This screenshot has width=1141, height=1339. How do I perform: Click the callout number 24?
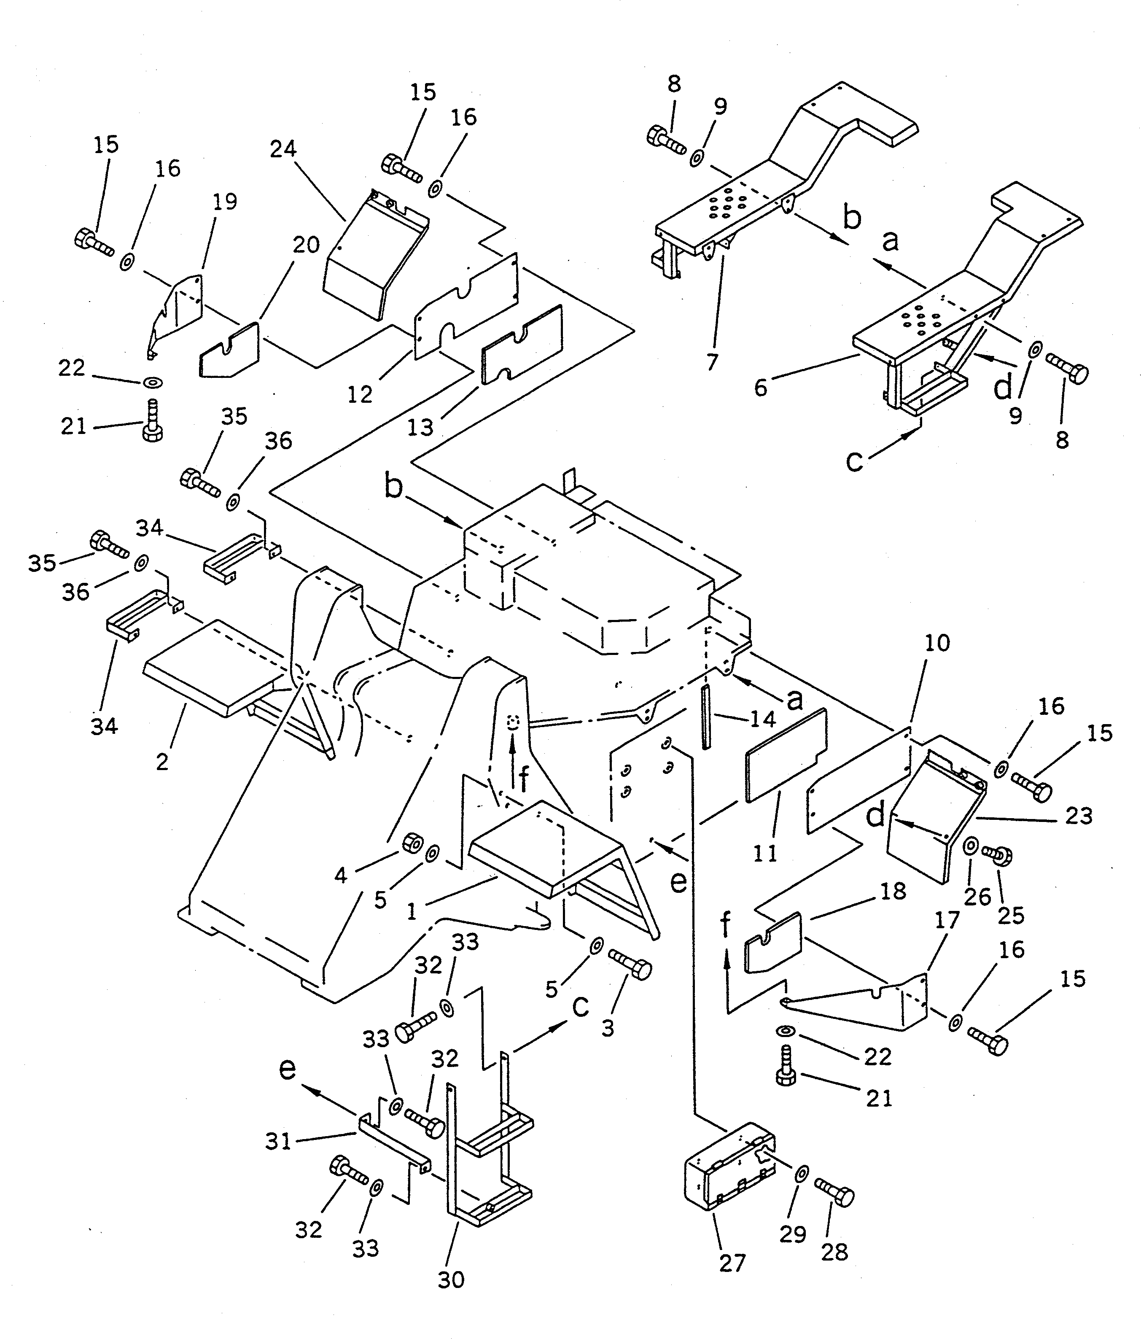click(x=283, y=149)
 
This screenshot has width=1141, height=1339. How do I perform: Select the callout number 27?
click(x=732, y=1263)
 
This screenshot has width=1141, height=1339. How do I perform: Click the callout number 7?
click(x=712, y=362)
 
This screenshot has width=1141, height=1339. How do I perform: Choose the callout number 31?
click(x=278, y=1142)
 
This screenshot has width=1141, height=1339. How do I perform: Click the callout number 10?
click(x=937, y=643)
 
